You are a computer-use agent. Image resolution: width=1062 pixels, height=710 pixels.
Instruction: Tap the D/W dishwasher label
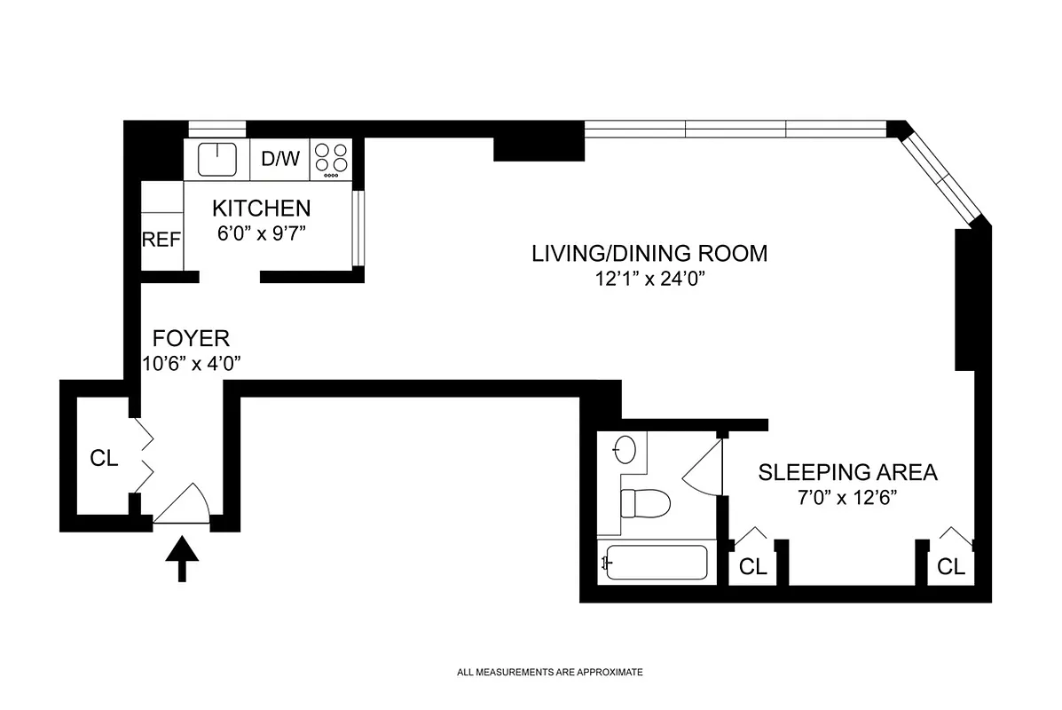click(x=280, y=160)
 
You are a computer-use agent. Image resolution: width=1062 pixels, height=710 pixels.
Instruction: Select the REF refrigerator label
click(x=161, y=240)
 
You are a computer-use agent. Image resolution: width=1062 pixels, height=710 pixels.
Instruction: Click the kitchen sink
click(x=216, y=159)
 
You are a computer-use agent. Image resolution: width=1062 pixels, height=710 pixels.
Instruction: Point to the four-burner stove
click(x=332, y=159)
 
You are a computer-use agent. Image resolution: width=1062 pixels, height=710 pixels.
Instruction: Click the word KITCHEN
click(x=261, y=209)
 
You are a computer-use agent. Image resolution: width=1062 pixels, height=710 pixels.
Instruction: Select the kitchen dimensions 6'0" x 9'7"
click(x=261, y=235)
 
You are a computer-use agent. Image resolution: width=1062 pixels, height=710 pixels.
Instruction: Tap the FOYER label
click(x=191, y=338)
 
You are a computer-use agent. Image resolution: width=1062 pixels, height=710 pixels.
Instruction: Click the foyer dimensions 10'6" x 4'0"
click(x=191, y=363)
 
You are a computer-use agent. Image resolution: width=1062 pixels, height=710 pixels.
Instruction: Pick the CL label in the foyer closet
click(x=104, y=459)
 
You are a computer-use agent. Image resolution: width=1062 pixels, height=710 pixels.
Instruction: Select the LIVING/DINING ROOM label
click(x=649, y=253)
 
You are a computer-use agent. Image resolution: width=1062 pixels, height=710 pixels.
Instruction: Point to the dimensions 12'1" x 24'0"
click(x=649, y=279)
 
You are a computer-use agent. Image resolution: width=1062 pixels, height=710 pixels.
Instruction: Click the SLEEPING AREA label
click(x=847, y=472)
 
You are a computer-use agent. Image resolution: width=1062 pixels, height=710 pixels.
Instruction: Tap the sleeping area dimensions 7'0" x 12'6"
click(x=847, y=497)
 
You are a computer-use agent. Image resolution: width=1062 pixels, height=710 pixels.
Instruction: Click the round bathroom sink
click(x=625, y=451)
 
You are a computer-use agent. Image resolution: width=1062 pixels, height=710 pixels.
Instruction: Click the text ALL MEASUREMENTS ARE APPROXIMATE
click(x=549, y=673)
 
